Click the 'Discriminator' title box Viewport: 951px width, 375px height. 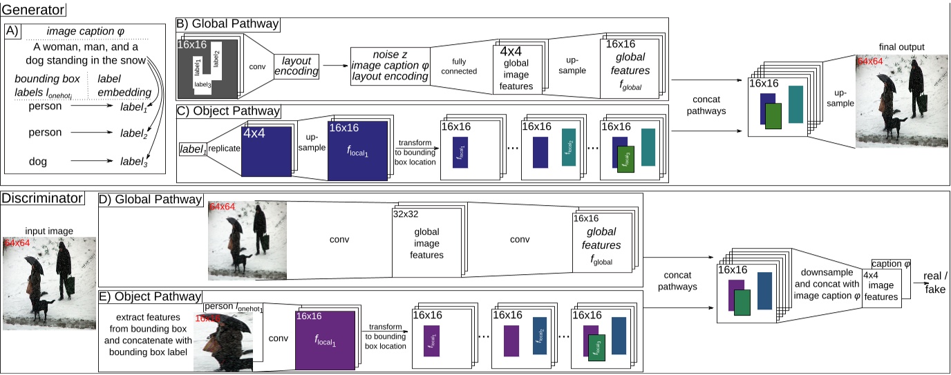coord(43,199)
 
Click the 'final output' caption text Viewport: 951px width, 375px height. coord(901,47)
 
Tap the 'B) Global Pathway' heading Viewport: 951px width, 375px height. coord(228,24)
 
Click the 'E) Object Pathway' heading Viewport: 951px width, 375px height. coord(151,297)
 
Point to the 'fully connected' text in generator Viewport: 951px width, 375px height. coord(454,66)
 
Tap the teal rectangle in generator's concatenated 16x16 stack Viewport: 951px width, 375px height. coord(795,104)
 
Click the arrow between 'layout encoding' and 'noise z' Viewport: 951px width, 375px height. coord(335,66)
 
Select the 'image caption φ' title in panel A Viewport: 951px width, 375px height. coord(84,32)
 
